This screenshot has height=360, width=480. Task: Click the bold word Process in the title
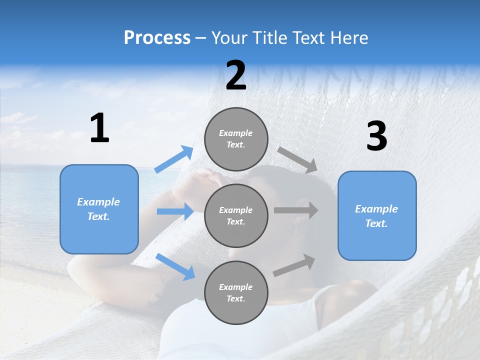coord(157,38)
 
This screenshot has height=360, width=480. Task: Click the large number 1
coord(99,128)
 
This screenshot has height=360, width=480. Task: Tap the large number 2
coord(236,75)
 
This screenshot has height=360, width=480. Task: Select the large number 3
coord(376,136)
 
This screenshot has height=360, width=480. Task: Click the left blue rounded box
coord(99,209)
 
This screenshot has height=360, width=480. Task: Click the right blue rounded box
coord(377,216)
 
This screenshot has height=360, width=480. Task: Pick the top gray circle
coord(236,139)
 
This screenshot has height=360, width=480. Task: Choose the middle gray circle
coord(236,215)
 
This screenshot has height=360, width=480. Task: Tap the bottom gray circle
coord(236,292)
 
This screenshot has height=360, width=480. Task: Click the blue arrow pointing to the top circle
coord(174,159)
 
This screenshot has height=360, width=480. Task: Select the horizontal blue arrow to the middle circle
coord(175,211)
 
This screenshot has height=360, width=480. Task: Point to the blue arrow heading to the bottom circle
coord(175,266)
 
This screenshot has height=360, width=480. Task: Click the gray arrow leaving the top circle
coord(297,160)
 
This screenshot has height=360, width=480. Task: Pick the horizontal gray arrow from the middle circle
coord(295,210)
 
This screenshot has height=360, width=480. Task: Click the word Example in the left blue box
coord(98,202)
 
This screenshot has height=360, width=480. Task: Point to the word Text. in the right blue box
coord(376,223)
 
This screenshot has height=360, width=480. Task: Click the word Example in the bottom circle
coord(236,287)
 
